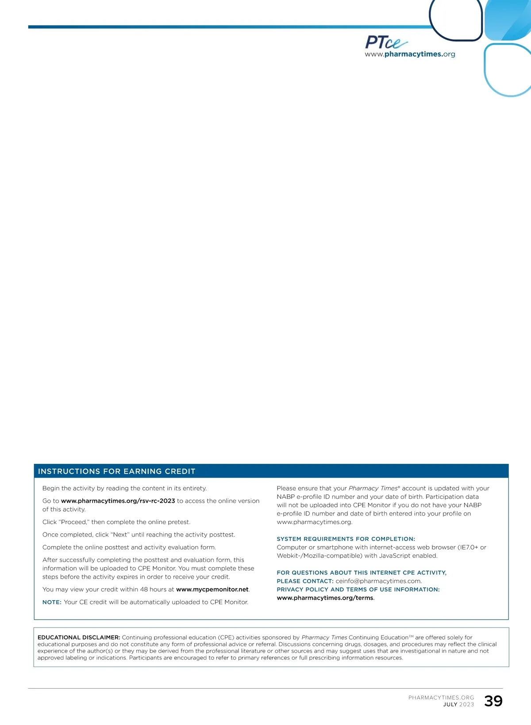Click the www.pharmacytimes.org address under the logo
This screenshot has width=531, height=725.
(410, 54)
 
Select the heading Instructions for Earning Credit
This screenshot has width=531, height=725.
(116, 471)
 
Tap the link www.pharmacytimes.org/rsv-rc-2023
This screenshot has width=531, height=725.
(118, 501)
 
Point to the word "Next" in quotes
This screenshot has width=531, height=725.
(120, 535)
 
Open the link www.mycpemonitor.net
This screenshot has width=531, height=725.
(212, 590)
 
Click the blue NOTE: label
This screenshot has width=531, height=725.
(52, 602)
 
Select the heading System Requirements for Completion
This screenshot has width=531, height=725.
(346, 539)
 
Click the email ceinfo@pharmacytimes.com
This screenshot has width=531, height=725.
(378, 581)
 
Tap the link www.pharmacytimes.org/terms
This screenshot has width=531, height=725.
(325, 598)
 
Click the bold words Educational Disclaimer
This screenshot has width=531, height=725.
(79, 638)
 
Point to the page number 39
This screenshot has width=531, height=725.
(493, 701)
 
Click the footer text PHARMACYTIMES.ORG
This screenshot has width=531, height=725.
(441, 698)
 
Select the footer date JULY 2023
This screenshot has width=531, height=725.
(458, 705)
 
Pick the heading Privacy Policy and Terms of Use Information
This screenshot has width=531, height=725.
(358, 590)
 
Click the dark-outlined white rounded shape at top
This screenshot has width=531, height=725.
(456, 20)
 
